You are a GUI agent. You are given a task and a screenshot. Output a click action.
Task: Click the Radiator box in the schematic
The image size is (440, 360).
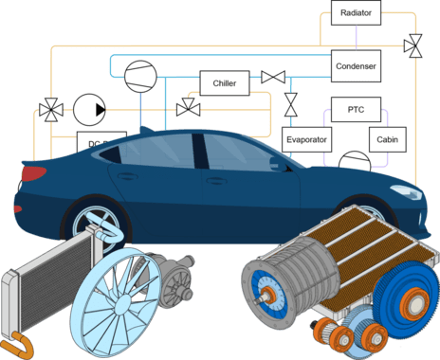click(356, 13)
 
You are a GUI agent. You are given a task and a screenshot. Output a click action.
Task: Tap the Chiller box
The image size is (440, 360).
click(224, 83)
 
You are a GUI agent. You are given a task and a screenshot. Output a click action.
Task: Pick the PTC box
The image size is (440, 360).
click(355, 110)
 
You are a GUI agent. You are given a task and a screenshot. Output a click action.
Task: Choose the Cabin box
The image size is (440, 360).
click(387, 140)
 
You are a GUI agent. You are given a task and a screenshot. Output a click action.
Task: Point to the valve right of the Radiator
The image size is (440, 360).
click(413, 44)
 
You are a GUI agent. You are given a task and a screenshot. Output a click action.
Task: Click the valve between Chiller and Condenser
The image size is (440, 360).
click(273, 77)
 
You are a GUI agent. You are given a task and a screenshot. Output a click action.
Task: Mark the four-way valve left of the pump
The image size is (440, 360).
click(47, 111)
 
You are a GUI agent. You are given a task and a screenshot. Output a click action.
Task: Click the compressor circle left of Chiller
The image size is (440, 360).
click(139, 75)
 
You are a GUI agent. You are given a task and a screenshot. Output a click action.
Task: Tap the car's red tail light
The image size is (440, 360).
click(32, 174)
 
